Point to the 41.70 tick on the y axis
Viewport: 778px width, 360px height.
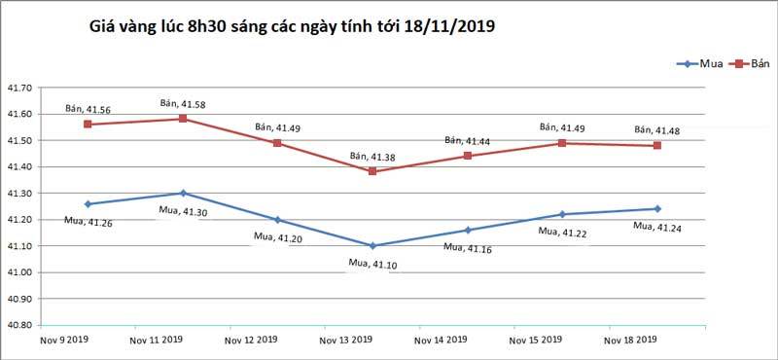(22, 89)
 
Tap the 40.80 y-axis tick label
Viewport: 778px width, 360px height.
(22, 325)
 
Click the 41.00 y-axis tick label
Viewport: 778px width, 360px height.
(22, 272)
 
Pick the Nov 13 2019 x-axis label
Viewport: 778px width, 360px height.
(347, 341)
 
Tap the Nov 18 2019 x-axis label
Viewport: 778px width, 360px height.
(631, 341)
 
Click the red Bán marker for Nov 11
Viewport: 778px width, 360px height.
(183, 119)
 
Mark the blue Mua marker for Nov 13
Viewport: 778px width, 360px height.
(372, 245)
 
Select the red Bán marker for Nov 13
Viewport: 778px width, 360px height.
(372, 171)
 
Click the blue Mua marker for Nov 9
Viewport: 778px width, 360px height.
(88, 204)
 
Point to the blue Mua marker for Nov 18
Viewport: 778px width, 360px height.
(657, 208)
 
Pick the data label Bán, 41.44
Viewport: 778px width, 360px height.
(468, 140)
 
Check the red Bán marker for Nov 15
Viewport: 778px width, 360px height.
(562, 143)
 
